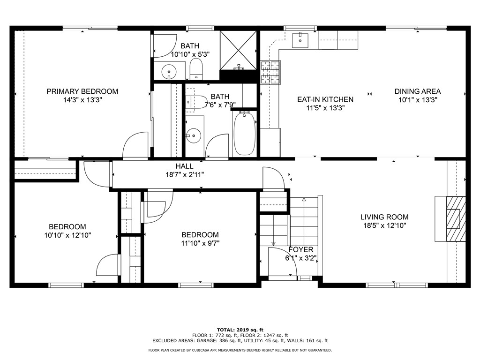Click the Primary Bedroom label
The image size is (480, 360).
pos(82,91)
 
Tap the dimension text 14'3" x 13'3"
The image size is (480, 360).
pos(82,100)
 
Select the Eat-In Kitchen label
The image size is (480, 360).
pos(325,99)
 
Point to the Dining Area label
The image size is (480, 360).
pos(418,91)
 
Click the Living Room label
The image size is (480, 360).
pos(384,217)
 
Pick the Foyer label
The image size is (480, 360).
pos(300,249)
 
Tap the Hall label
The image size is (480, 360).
pos(184,166)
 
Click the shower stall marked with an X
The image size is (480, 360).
pos(239,49)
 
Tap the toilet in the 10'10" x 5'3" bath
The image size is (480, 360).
pos(196,70)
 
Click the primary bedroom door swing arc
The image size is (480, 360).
pos(135,145)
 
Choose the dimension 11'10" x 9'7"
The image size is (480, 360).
pos(200,243)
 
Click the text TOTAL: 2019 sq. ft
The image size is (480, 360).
pos(240,330)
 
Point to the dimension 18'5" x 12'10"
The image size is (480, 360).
pos(384,225)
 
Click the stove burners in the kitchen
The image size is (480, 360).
pos(270,72)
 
